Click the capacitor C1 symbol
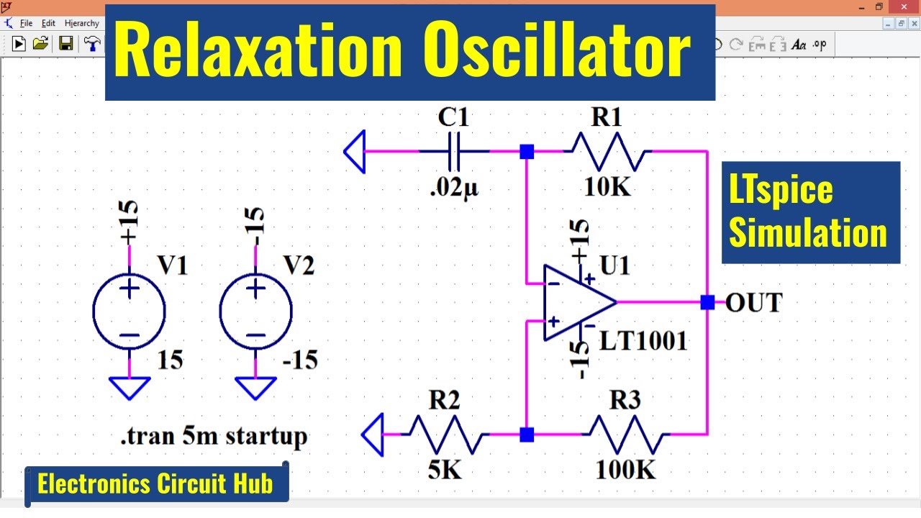click(x=455, y=152)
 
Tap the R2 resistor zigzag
click(x=445, y=435)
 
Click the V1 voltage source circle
click(x=130, y=312)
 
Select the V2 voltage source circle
click(x=255, y=312)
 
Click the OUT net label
click(x=753, y=303)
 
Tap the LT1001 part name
click(x=643, y=340)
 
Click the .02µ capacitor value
click(x=454, y=188)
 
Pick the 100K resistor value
click(x=625, y=470)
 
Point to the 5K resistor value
click(x=445, y=470)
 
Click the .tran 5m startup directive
click(x=214, y=436)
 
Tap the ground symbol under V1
click(x=130, y=388)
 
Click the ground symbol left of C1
click(x=355, y=152)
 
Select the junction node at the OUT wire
click(x=707, y=303)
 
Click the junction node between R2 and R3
click(x=527, y=435)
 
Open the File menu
click(x=27, y=23)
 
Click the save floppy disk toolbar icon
click(x=65, y=44)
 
